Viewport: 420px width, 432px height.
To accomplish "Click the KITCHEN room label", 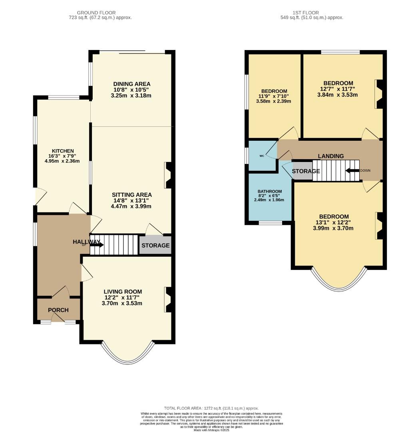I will point(62,151).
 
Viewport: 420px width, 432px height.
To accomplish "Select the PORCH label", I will point(58,310).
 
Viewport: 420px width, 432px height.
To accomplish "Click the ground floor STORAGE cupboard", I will point(155,245).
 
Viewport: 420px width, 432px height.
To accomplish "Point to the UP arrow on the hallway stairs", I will point(96,245).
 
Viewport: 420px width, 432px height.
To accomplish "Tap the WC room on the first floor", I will point(262,156).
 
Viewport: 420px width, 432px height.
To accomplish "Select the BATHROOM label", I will point(269,191).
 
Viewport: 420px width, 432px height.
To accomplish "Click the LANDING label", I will point(330,156).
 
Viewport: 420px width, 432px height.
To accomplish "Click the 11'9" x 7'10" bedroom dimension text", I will point(274,96).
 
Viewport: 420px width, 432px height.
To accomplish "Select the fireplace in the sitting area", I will point(168,175).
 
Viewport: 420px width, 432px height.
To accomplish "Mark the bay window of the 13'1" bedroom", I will point(339,282).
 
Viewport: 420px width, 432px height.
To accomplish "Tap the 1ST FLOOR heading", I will point(311,13).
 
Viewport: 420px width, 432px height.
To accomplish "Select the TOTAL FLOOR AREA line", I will point(211,408).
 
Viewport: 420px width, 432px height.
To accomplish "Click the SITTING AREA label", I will point(131,195).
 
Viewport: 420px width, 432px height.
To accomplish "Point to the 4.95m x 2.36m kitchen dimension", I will point(62,161).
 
